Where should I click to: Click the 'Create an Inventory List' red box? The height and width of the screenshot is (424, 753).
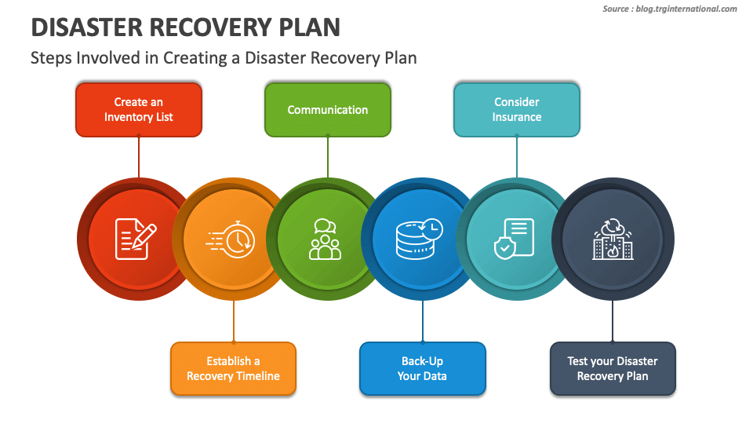click(139, 110)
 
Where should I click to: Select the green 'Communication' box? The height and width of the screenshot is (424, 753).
click(328, 110)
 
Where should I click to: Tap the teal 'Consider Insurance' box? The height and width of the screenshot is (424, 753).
click(517, 110)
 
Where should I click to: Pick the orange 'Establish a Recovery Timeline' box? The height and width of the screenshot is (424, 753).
click(233, 368)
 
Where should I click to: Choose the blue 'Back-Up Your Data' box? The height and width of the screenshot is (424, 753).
click(422, 368)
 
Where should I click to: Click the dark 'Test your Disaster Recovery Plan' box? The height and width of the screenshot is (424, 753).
click(612, 368)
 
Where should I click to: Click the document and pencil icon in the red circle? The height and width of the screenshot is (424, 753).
click(135, 239)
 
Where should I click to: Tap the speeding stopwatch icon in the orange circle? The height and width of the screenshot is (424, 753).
click(231, 239)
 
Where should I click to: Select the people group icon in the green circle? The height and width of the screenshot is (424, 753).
click(326, 239)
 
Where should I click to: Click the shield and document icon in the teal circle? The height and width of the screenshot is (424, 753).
click(515, 239)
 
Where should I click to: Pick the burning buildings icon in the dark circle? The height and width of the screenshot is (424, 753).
click(612, 239)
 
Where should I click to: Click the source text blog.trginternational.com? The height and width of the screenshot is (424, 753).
click(687, 9)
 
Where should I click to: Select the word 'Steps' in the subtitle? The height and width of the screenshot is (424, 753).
click(50, 58)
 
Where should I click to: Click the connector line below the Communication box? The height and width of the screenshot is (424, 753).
click(328, 157)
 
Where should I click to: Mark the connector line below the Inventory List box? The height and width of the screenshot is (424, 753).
click(139, 157)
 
